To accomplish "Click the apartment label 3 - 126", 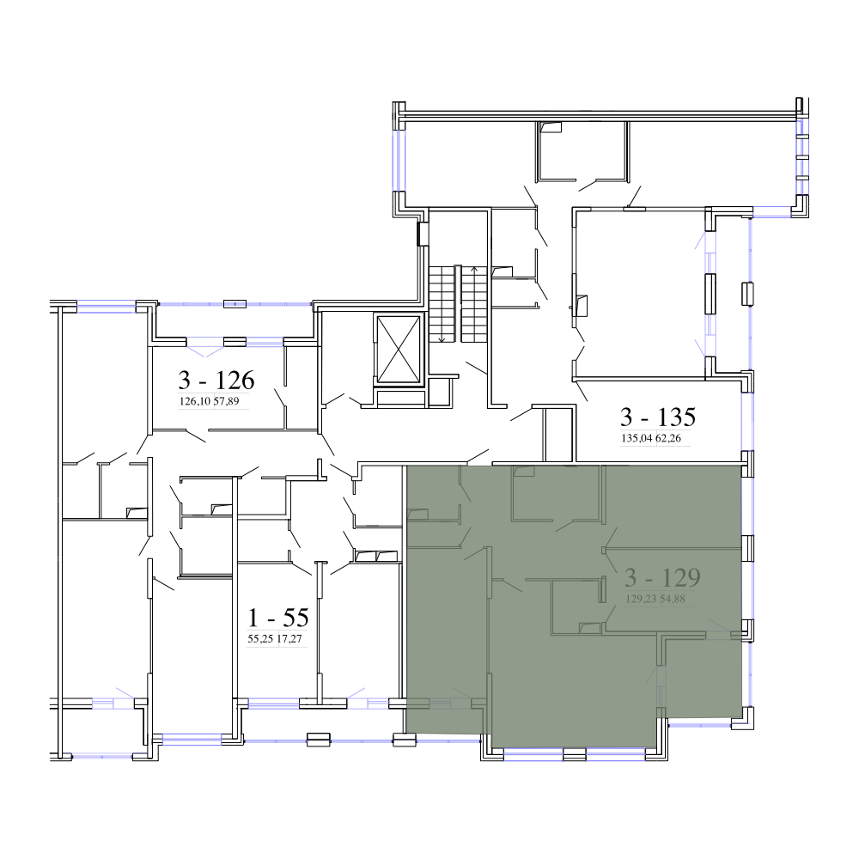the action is [216, 380].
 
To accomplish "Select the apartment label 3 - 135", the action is [658, 417].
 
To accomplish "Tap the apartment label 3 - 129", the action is [663, 577].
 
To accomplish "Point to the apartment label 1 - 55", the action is [278, 618].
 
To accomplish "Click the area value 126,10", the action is [195, 401].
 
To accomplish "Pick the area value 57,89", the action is [226, 401].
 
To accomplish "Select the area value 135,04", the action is [637, 438].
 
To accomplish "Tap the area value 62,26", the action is [668, 438].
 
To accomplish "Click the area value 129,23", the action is [642, 599].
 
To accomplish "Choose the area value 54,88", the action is [673, 599].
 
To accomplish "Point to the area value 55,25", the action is [261, 639].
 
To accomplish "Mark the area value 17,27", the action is [289, 639].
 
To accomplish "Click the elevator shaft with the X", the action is [399, 349].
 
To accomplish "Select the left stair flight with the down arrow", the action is [442, 303].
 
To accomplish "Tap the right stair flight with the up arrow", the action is [474, 303].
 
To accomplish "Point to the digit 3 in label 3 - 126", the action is [185, 380].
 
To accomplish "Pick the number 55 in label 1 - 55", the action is [295, 618].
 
